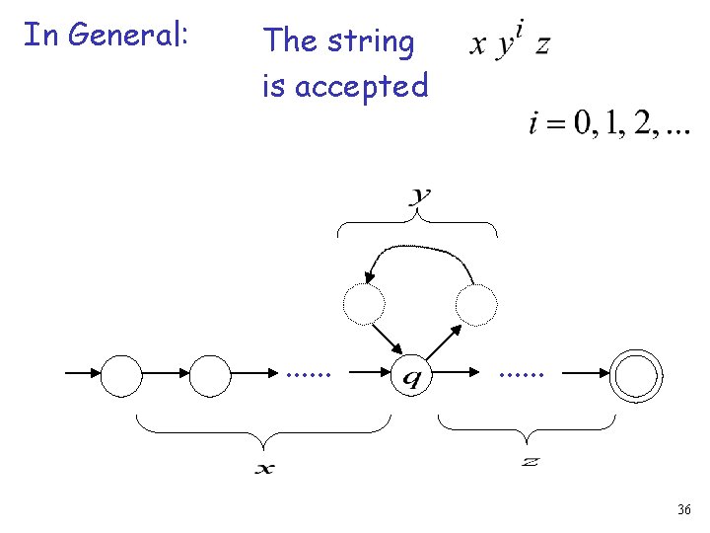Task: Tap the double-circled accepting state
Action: tap(637, 376)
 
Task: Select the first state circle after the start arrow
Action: tap(123, 376)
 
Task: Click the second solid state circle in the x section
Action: tap(209, 376)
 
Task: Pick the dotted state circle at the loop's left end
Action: tap(363, 304)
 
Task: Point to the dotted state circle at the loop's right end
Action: tap(477, 304)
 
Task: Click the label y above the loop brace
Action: tap(420, 196)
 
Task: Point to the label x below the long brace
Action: tap(264, 469)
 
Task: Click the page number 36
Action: tap(684, 510)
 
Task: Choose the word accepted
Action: tap(361, 87)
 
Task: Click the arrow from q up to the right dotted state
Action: tap(445, 342)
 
